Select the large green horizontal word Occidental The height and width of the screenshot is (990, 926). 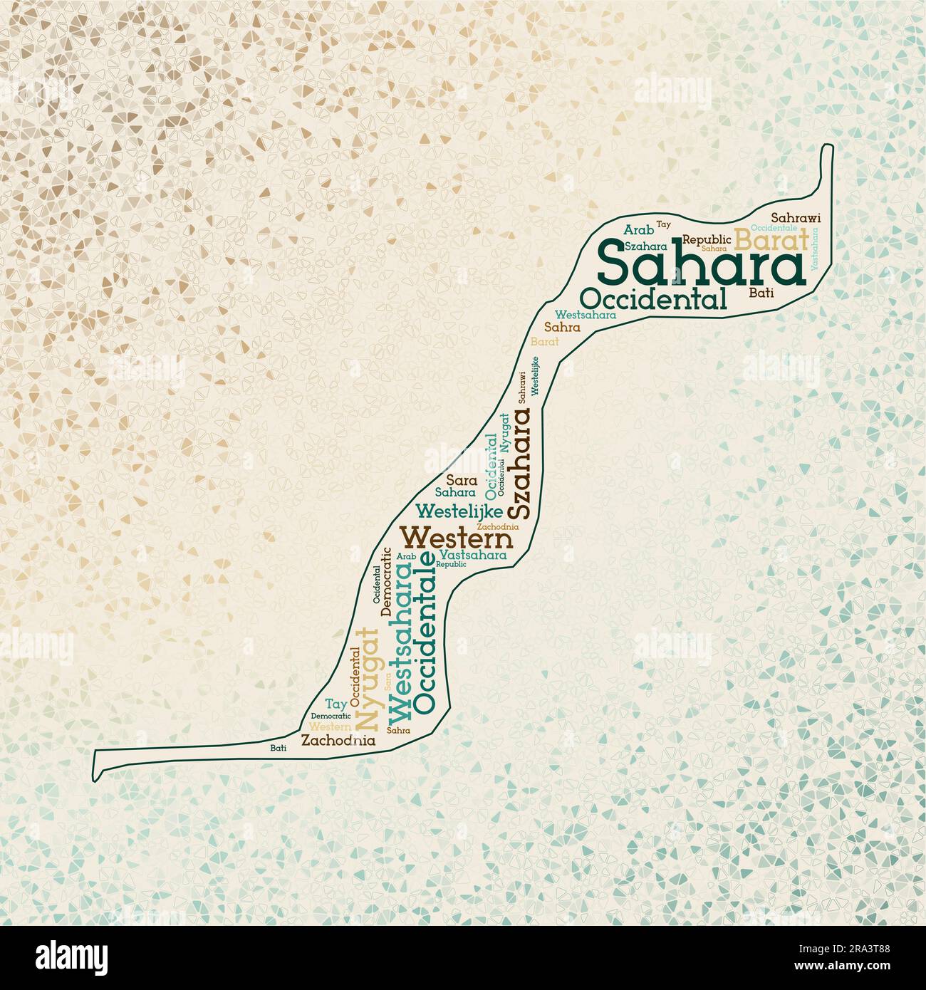655,298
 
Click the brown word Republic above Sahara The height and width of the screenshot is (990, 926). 707,239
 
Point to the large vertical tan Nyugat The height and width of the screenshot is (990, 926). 366,679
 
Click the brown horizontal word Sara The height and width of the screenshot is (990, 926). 462,480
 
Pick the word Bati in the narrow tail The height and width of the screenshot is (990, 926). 279,748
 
